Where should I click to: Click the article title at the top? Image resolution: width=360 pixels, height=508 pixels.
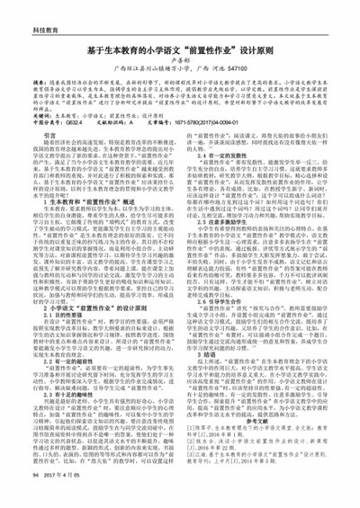point(179,51)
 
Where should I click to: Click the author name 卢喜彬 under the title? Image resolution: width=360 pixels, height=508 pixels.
point(179,65)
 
